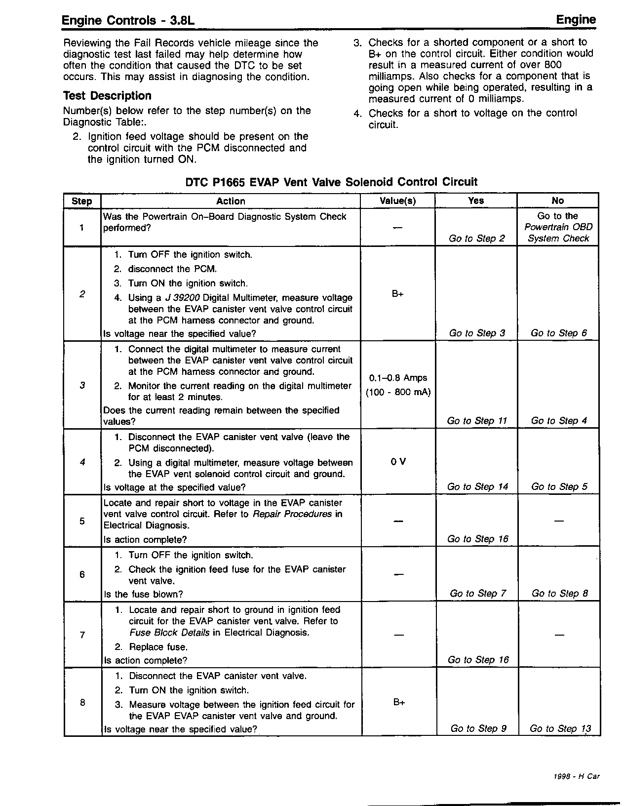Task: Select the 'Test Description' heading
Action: pos(107,96)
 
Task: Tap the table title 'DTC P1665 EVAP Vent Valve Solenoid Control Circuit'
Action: pos(331,182)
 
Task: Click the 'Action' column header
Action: pos(231,201)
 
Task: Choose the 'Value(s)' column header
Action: pos(397,201)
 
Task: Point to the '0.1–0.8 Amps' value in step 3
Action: pos(398,378)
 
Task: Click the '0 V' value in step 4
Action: pos(398,462)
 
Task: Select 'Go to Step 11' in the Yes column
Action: pos(476,421)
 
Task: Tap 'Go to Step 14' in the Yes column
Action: pos(477,486)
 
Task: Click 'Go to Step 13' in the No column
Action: pos(560,728)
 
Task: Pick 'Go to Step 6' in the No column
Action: pos(559,333)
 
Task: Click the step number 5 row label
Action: pos(82,521)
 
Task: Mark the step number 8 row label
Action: pos(82,702)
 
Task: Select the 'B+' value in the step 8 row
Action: pos(399,702)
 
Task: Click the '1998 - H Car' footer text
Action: pos(577,776)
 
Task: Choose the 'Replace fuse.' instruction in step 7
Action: pos(158,647)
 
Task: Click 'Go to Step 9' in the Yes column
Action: pos(478,728)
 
